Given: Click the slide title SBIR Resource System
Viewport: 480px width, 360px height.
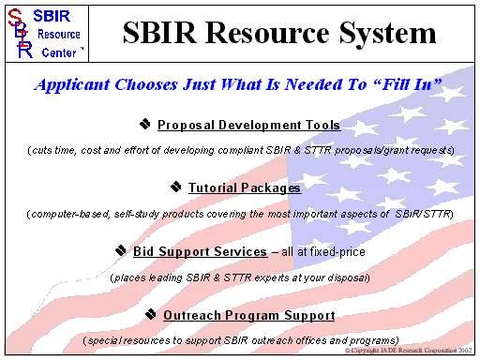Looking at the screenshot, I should click(x=279, y=34).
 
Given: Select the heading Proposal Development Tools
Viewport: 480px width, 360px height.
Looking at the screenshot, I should click(x=248, y=125).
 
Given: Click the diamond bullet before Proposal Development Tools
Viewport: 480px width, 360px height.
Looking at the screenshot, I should click(x=145, y=124).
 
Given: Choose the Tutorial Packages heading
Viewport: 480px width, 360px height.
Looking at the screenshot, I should click(x=244, y=187).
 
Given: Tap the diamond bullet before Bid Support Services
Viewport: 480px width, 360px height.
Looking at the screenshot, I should click(x=122, y=250).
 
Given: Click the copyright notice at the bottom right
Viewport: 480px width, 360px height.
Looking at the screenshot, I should click(x=410, y=350).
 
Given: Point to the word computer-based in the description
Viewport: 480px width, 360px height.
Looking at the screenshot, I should click(x=70, y=215).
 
